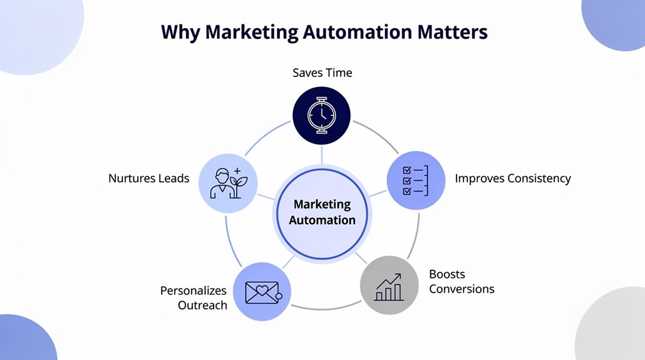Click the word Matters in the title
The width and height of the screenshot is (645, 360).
[453, 32]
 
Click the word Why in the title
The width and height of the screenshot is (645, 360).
[180, 33]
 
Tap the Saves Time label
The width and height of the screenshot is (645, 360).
[322, 73]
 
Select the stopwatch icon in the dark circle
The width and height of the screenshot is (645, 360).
[322, 115]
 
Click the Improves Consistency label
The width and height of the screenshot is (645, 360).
[512, 178]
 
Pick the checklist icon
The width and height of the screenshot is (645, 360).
[415, 180]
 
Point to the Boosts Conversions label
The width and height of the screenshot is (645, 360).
[462, 281]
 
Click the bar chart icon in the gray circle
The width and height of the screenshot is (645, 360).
[389, 287]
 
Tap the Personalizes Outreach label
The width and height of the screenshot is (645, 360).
[194, 298]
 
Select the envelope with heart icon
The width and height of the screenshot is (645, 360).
[263, 292]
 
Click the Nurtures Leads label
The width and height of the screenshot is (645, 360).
[148, 178]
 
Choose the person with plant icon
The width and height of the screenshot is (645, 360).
[229, 183]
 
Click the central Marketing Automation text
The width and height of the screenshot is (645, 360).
[322, 212]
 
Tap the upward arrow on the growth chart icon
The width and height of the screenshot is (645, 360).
[389, 280]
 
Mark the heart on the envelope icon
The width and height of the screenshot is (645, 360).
[262, 290]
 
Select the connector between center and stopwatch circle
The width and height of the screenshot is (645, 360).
[322, 155]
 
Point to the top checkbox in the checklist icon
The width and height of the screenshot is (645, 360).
[407, 170]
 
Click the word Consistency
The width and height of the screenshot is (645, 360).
[539, 178]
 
